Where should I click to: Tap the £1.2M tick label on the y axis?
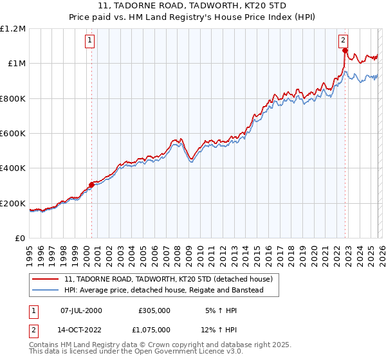(x=13, y=29)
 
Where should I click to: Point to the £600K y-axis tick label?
(x=13, y=134)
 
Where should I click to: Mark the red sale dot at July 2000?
(x=91, y=185)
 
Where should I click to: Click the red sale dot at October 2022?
(x=345, y=50)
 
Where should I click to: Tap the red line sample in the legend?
(x=46, y=280)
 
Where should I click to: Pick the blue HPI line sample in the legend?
(x=46, y=291)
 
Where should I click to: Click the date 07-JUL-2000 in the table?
(x=81, y=310)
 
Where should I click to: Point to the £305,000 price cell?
(x=154, y=310)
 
